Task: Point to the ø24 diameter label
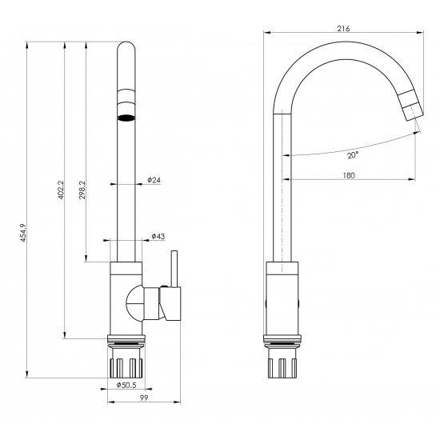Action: click(155, 181)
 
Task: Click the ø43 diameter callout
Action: click(158, 237)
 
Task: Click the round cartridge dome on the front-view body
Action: click(134, 304)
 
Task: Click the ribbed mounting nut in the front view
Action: click(126, 366)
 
